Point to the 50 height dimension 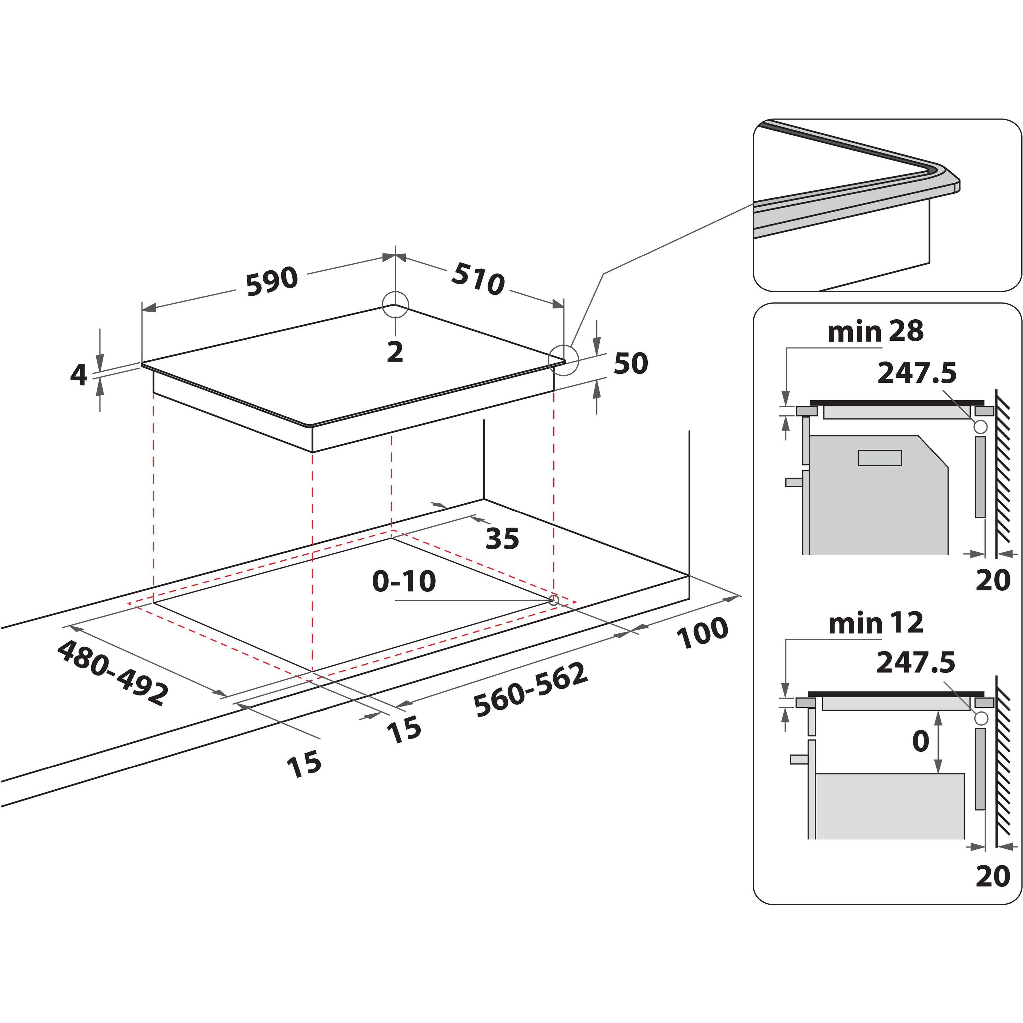point(631,364)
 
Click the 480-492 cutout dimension point(112,673)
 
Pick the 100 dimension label point(702,633)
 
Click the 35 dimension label point(502,539)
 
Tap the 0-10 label point(404,581)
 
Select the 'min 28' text point(875,331)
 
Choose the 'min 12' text point(876,623)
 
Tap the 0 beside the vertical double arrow point(921,741)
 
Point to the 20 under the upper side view point(993,580)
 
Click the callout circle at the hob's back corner point(395,304)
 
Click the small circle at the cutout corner point(553,600)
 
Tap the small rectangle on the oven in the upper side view point(879,458)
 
